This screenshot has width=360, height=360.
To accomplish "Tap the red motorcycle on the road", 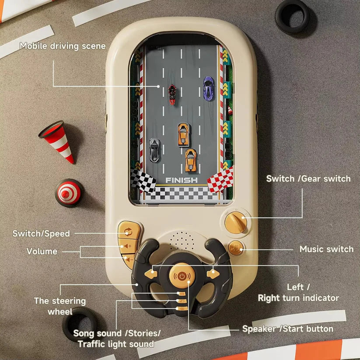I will (x=172, y=94).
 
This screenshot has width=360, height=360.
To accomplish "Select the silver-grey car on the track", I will (x=154, y=150).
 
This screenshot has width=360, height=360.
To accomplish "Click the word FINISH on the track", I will (x=182, y=180).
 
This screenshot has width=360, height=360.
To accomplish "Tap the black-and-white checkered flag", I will (x=143, y=180).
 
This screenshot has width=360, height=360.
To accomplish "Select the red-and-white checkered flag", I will (x=220, y=180).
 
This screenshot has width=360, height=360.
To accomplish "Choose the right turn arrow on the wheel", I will (x=213, y=274).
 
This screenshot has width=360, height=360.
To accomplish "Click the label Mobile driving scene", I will (x=63, y=45).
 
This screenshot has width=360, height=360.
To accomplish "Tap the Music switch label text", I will (x=326, y=249).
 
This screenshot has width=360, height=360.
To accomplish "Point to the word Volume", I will (x=42, y=252).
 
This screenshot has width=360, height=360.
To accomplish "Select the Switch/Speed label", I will (x=41, y=234).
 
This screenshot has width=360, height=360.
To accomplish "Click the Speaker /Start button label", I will (x=288, y=329).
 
